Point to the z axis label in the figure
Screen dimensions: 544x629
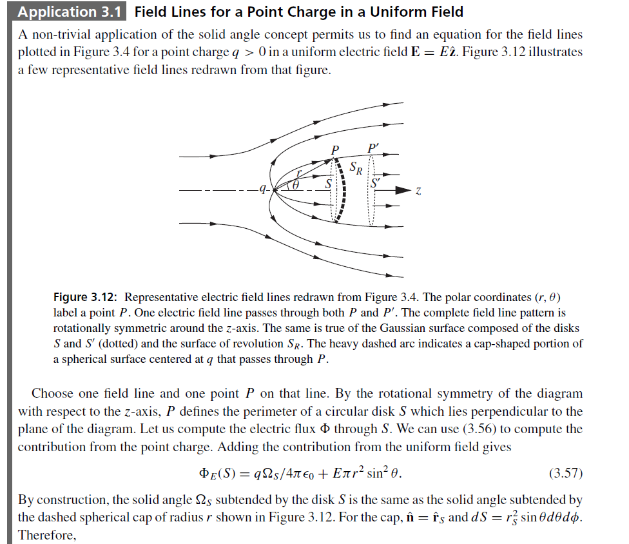click(419, 191)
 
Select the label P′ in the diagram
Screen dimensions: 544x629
click(373, 148)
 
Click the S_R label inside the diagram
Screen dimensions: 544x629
click(356, 170)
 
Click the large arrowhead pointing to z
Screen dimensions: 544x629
click(403, 190)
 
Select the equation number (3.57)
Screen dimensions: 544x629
click(565, 474)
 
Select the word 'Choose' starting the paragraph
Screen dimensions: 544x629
click(52, 393)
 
